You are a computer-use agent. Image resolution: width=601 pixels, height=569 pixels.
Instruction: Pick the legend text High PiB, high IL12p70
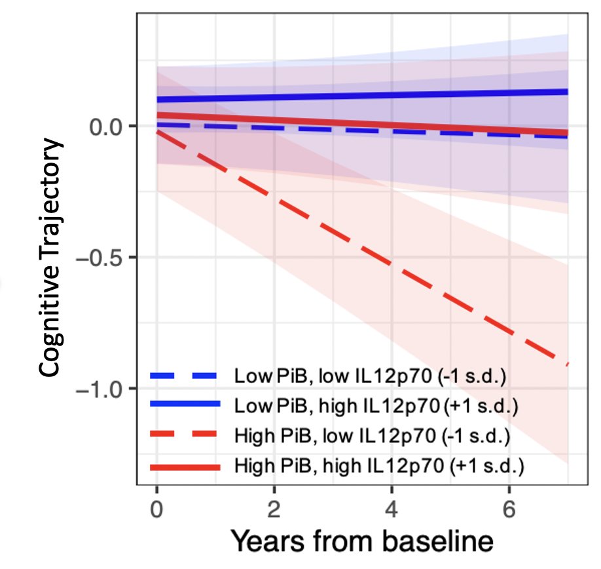(x=378, y=466)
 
